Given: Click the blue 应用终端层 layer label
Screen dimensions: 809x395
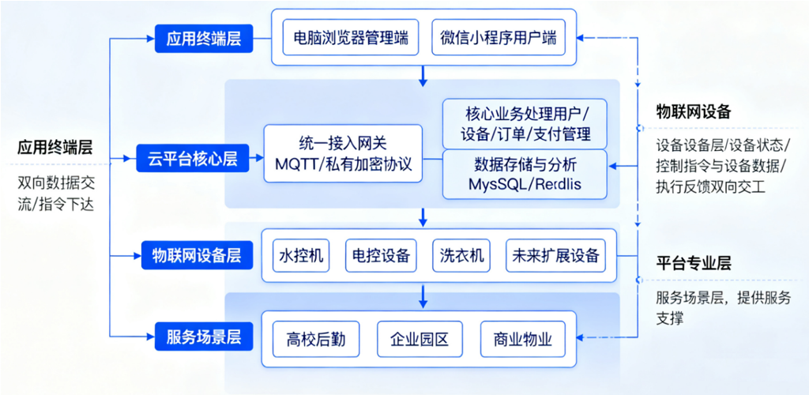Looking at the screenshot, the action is pyautogui.click(x=204, y=39).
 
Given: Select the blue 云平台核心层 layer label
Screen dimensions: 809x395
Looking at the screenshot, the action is pyautogui.click(x=193, y=158).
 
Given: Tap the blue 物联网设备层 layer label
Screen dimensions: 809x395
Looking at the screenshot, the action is pyautogui.click(x=197, y=255).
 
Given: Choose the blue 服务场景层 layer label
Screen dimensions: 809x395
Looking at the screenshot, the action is pyautogui.click(x=204, y=337).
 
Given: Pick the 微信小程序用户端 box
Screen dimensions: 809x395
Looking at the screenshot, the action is pyautogui.click(x=499, y=37).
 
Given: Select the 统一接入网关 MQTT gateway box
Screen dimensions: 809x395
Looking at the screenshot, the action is pyautogui.click(x=343, y=153).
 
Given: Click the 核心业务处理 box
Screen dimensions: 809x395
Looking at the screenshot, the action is pyautogui.click(x=525, y=124).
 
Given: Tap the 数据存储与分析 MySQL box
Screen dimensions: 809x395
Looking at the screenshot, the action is pyautogui.click(x=525, y=175).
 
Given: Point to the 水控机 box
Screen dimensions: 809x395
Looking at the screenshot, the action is pyautogui.click(x=301, y=255).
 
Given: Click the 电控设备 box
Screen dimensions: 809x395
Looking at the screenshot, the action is pyautogui.click(x=380, y=255).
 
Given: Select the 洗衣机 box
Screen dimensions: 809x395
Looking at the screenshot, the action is pyautogui.click(x=461, y=255).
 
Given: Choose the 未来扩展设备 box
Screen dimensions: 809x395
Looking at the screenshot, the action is pyautogui.click(x=555, y=255).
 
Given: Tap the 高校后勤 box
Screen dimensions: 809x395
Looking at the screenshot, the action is pyautogui.click(x=316, y=340).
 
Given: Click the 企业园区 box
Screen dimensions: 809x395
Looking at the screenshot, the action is pyautogui.click(x=420, y=340).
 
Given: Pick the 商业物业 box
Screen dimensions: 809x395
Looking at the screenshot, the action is pyautogui.click(x=523, y=340).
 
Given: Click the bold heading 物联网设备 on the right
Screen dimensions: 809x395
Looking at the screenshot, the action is pyautogui.click(x=694, y=111).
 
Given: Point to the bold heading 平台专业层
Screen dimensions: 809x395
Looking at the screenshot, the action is pyautogui.click(x=694, y=264).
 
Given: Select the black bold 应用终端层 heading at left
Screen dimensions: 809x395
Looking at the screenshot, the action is pyautogui.click(x=55, y=148).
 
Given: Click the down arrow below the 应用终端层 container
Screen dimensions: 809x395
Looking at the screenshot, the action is pyautogui.click(x=423, y=75).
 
